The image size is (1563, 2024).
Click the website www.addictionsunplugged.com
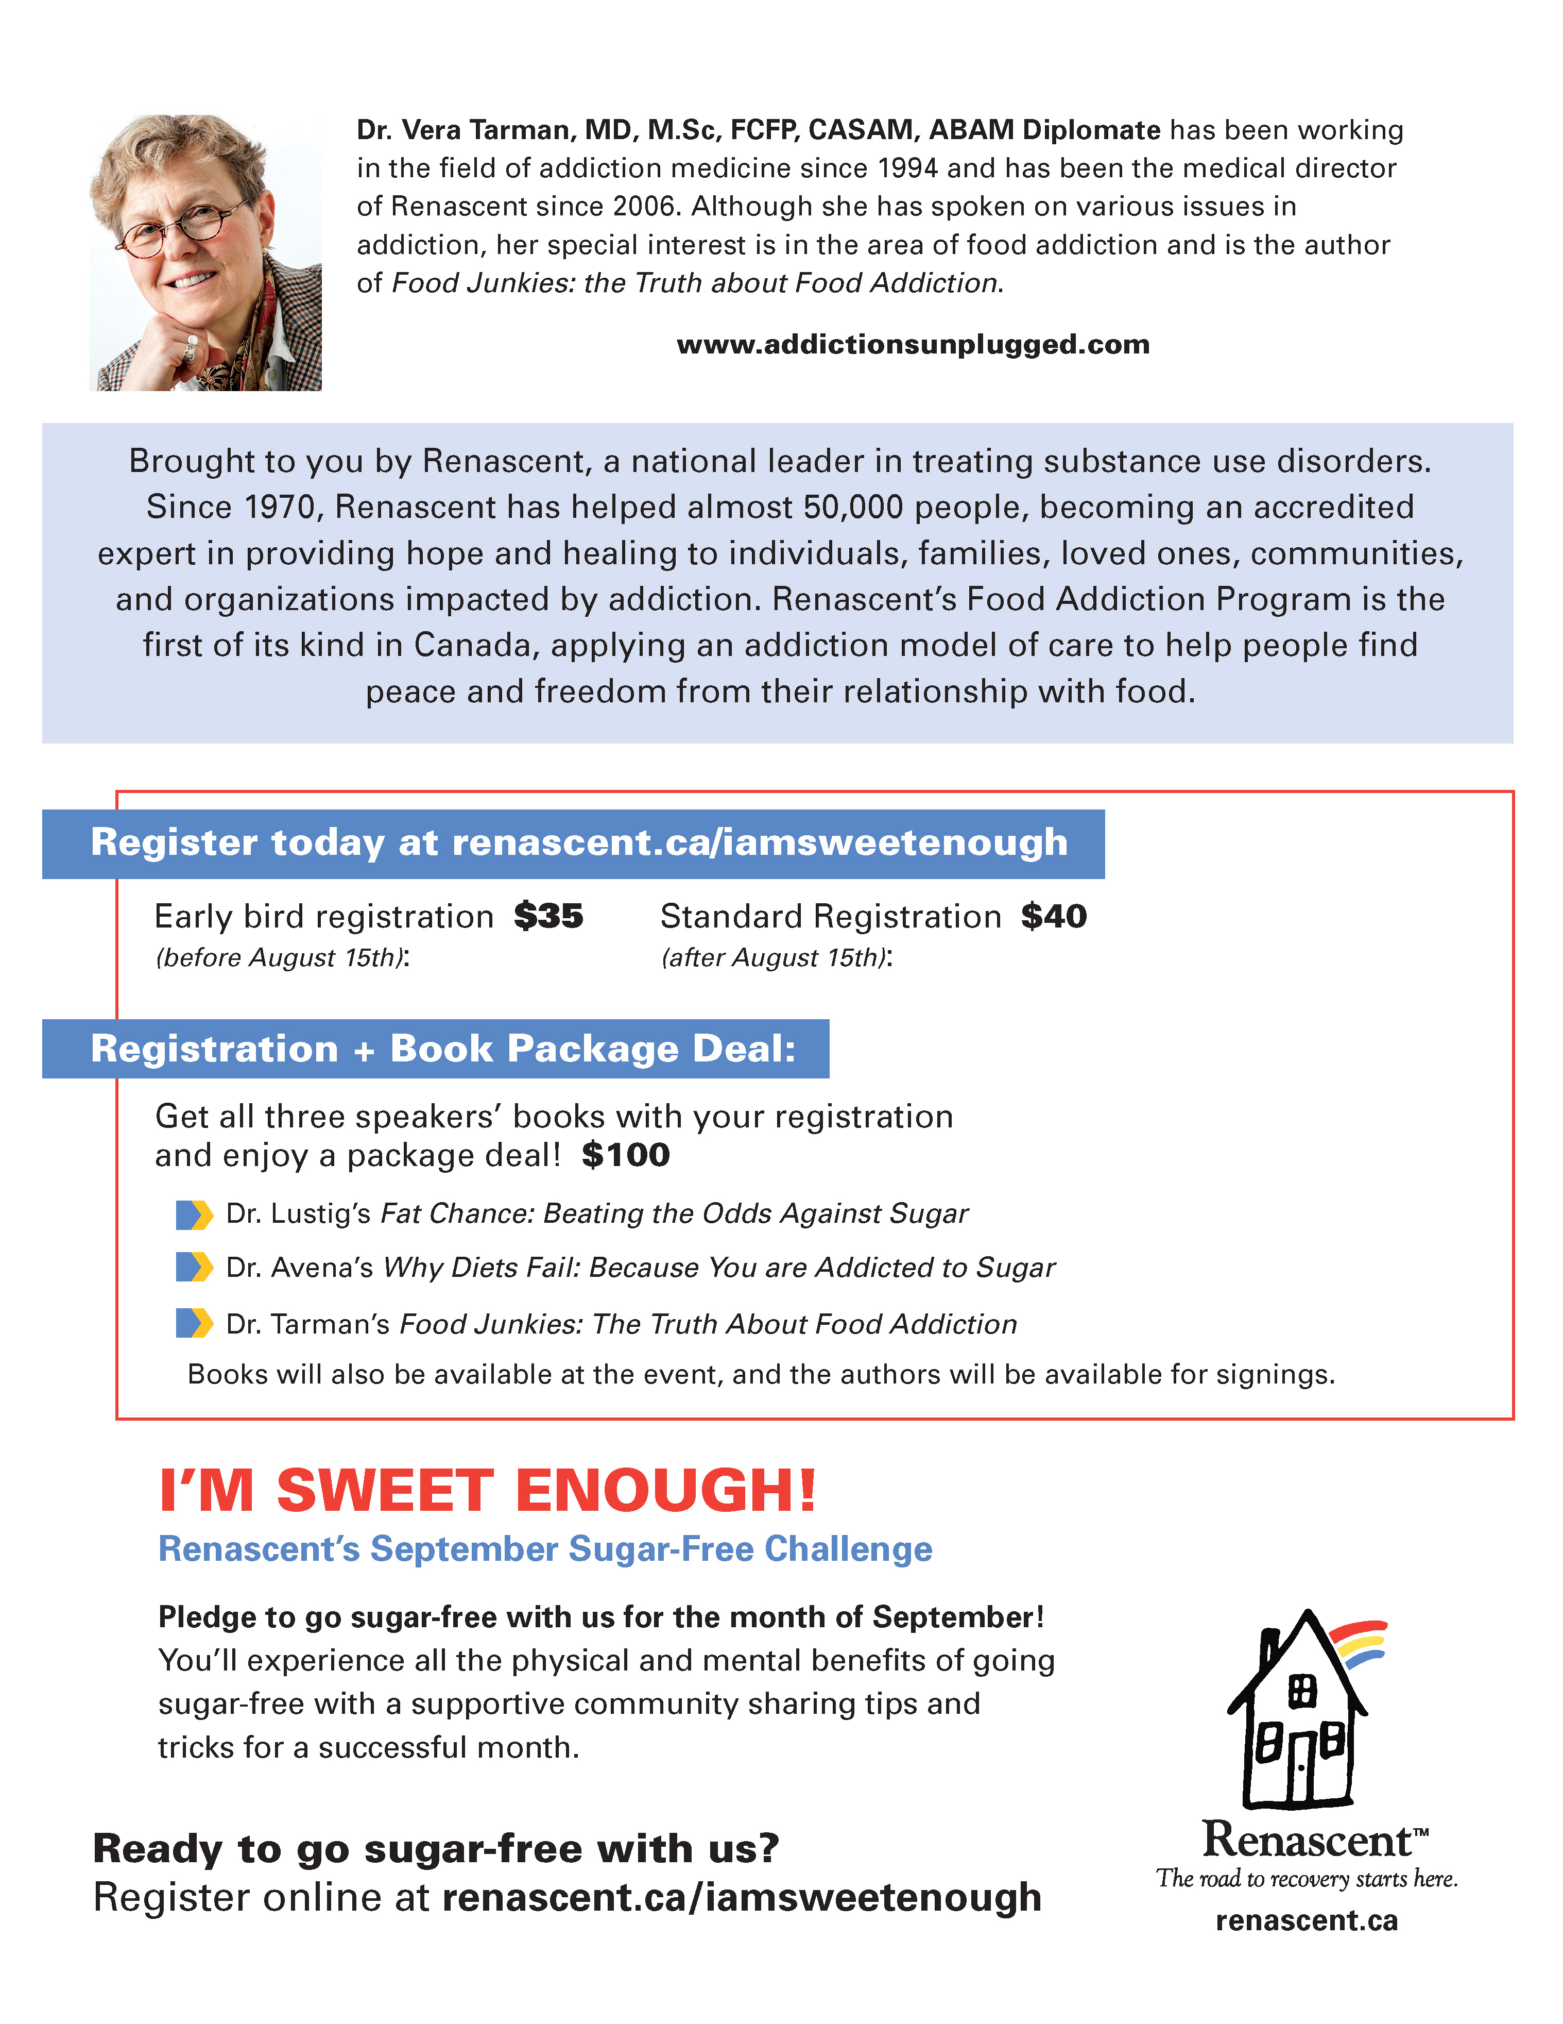point(913,345)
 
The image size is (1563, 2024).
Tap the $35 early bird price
point(548,917)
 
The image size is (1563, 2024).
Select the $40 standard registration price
point(1054,917)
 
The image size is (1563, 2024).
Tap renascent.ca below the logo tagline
point(1307,1921)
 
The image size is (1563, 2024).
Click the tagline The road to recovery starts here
point(1307,1879)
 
